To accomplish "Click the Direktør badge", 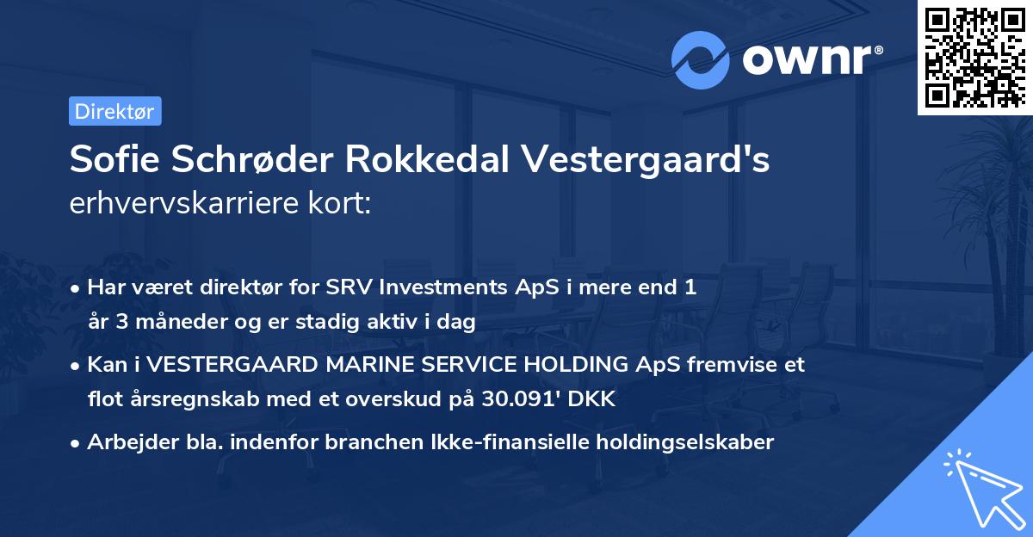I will (x=114, y=111).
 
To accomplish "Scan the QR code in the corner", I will (x=974, y=58).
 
